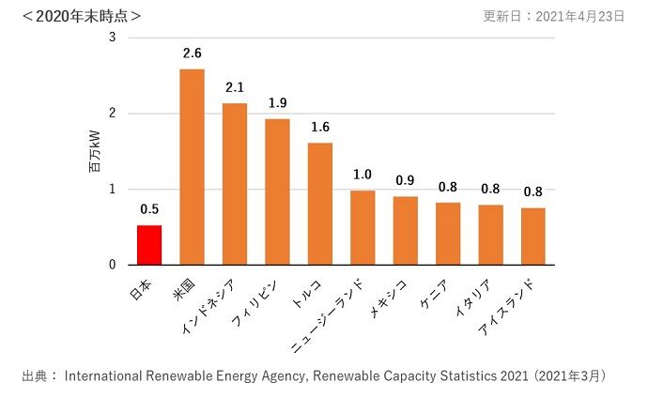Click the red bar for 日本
point(149,245)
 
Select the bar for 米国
point(192,167)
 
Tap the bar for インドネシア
point(235,184)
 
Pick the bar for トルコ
point(320,204)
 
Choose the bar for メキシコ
point(406,231)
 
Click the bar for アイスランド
point(533,237)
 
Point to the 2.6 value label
point(192,54)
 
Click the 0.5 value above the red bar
point(149,209)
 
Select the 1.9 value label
point(277,103)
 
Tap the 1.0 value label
point(363,175)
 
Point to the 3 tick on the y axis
point(113,38)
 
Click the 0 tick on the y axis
point(113,265)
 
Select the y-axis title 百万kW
point(94,153)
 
